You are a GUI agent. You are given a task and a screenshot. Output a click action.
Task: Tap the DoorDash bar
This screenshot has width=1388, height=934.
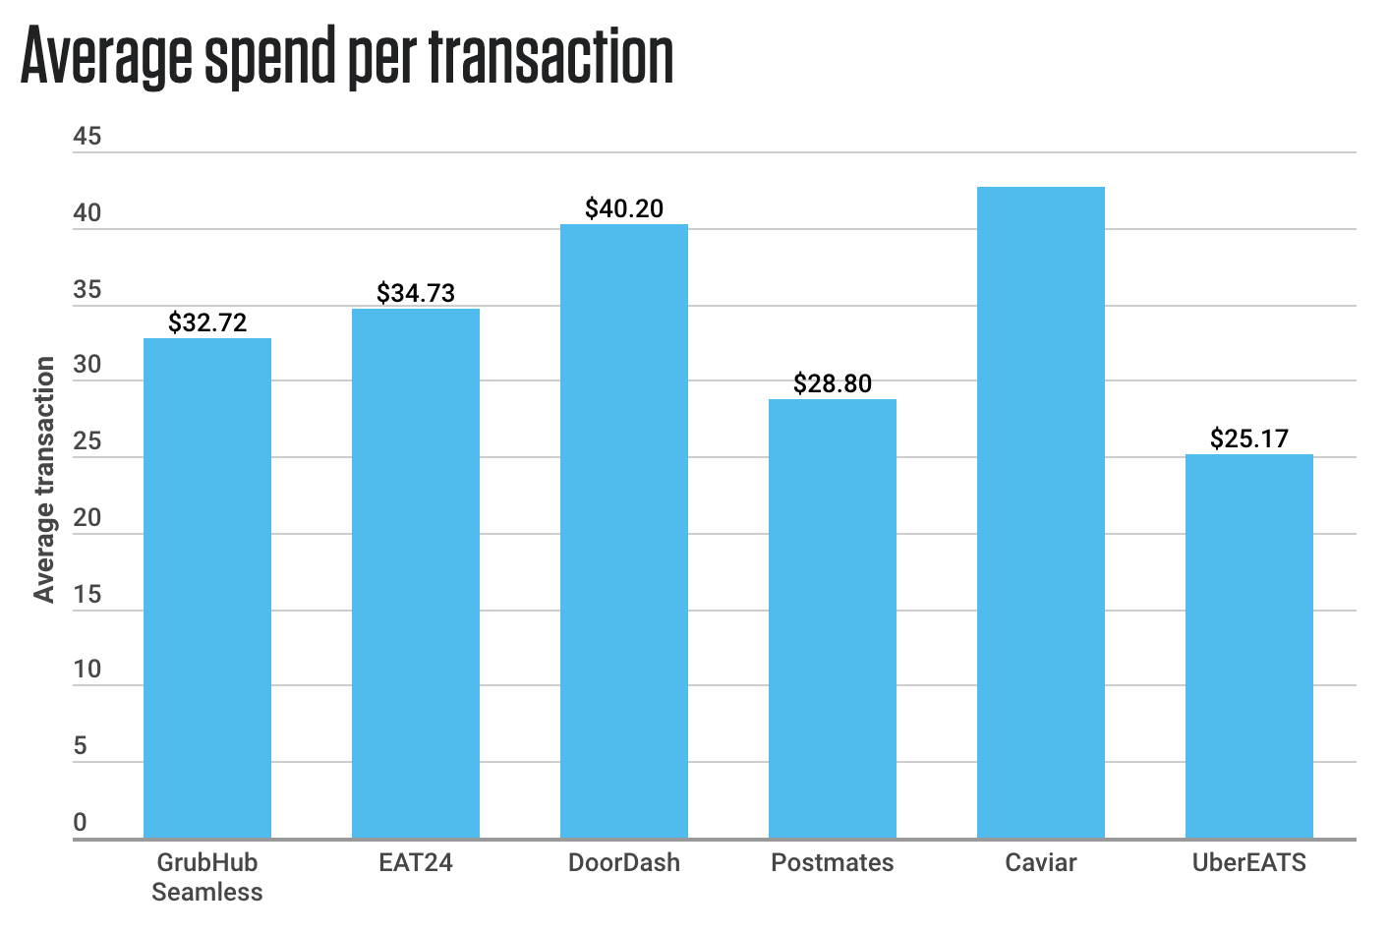tap(624, 531)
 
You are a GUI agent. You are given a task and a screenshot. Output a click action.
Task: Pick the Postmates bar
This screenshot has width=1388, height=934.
tap(833, 618)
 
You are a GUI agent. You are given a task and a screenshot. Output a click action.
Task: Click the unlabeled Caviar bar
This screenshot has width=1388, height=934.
tap(1041, 512)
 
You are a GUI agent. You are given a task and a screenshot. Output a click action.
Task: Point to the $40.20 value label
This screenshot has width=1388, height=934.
tap(624, 208)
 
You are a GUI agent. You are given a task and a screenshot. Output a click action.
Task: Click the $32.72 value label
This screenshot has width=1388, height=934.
tap(207, 322)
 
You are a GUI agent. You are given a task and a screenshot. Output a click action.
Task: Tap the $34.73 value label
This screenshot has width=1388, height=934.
tap(416, 293)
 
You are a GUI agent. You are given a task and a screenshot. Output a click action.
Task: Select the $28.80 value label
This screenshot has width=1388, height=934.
tap(833, 383)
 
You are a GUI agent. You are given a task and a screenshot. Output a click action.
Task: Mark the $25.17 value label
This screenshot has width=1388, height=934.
tap(1249, 438)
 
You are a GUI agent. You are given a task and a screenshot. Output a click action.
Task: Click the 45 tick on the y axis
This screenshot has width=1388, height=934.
tap(87, 137)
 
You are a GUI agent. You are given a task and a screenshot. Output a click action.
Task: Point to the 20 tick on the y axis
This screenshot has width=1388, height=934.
tap(87, 517)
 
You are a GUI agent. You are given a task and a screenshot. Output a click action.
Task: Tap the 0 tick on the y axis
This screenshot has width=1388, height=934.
tap(81, 822)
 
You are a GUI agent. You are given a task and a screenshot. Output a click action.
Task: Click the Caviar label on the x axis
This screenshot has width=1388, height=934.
tap(1041, 863)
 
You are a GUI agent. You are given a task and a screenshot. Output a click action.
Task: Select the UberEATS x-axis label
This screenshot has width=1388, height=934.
tap(1249, 863)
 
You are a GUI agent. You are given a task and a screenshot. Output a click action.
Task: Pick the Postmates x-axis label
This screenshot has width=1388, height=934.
tap(833, 863)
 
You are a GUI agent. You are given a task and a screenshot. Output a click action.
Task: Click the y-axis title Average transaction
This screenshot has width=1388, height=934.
tap(44, 480)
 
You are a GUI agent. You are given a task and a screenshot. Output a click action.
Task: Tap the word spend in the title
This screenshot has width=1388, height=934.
tap(265, 59)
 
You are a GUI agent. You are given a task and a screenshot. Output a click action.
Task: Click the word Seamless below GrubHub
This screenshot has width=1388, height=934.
tap(207, 893)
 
